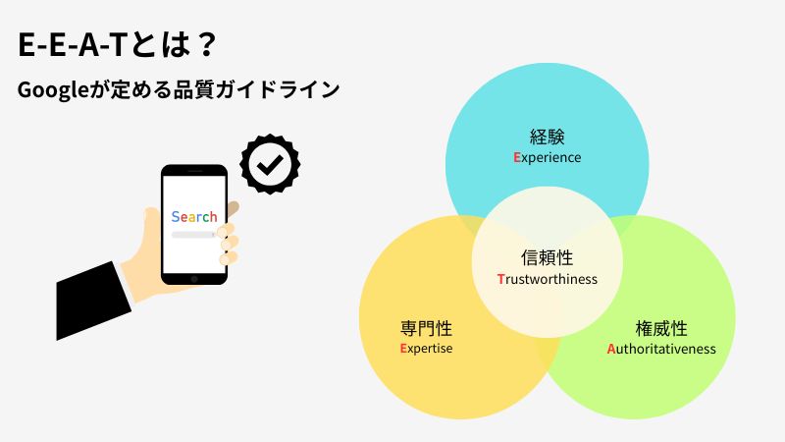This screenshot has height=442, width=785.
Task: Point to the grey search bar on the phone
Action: pyautogui.click(x=192, y=236)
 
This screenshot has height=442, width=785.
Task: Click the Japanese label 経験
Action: pyautogui.click(x=547, y=137)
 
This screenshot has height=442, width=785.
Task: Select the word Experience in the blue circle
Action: pyautogui.click(x=547, y=157)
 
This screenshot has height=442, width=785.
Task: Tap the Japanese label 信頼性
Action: pyautogui.click(x=547, y=257)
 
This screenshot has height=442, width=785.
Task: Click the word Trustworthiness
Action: pyautogui.click(x=547, y=279)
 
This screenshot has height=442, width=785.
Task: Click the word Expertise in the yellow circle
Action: pyautogui.click(x=426, y=349)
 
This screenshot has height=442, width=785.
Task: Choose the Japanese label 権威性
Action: pyautogui.click(x=661, y=328)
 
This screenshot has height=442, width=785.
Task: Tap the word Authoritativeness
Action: pyautogui.click(x=661, y=349)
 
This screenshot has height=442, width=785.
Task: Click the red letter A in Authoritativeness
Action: pyautogui.click(x=611, y=349)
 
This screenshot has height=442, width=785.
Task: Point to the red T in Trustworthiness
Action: pyautogui.click(x=500, y=279)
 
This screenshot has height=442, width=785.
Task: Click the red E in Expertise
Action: pyautogui.click(x=403, y=349)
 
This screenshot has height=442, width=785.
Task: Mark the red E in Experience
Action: pyautogui.click(x=516, y=157)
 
